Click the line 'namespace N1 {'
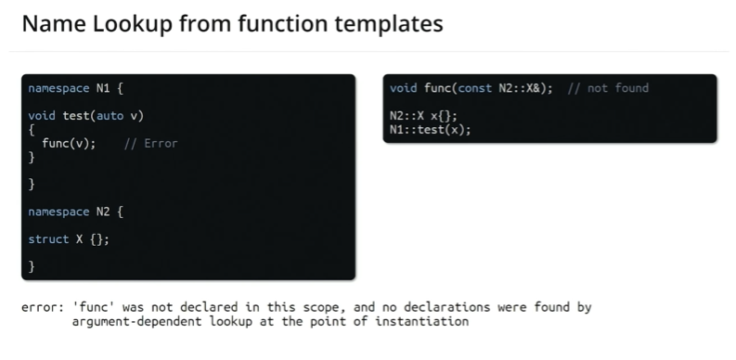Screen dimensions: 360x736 click(75, 89)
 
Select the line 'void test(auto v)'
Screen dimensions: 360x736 click(85, 116)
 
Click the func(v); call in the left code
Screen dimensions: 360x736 click(68, 143)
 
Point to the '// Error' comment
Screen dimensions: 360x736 click(149, 143)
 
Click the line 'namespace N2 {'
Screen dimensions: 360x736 click(75, 212)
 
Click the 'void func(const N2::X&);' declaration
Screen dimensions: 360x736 click(471, 88)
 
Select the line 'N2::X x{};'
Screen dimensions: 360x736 click(423, 116)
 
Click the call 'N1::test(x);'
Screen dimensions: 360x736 click(430, 129)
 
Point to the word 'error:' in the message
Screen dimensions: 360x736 click(42, 307)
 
